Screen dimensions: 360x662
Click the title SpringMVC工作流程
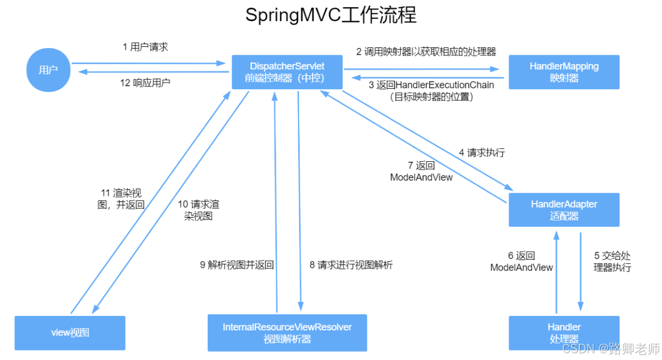pyautogui.click(x=330, y=15)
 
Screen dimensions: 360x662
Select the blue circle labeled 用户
pyautogui.click(x=48, y=70)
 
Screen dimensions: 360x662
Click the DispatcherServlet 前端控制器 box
pyautogui.click(x=287, y=72)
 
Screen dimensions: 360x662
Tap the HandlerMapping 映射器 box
pyautogui.click(x=564, y=72)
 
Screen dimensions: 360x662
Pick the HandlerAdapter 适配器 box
pyautogui.click(x=564, y=210)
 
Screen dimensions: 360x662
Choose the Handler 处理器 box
pyautogui.click(x=564, y=333)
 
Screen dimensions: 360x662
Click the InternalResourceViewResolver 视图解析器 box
pyautogui.click(x=287, y=333)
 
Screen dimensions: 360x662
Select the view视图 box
pyautogui.click(x=70, y=333)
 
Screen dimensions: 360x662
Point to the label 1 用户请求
pyautogui.click(x=145, y=47)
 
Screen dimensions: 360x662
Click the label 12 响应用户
pyautogui.click(x=145, y=83)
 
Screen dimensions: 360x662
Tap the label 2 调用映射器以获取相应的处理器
pyautogui.click(x=426, y=52)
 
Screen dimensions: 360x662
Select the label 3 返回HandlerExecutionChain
pyautogui.click(x=431, y=85)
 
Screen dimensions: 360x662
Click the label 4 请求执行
pyautogui.click(x=481, y=152)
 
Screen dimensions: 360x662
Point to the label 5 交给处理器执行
pyautogui.click(x=612, y=261)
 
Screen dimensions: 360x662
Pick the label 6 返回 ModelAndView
pyautogui.click(x=521, y=261)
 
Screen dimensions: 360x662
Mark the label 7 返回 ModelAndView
pyautogui.click(x=421, y=171)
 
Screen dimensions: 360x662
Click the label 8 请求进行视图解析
pyautogui.click(x=351, y=265)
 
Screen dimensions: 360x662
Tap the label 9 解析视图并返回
pyautogui.click(x=237, y=265)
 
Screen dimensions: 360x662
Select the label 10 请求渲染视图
pyautogui.click(x=198, y=210)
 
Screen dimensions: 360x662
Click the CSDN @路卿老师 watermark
pyautogui.click(x=611, y=349)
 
